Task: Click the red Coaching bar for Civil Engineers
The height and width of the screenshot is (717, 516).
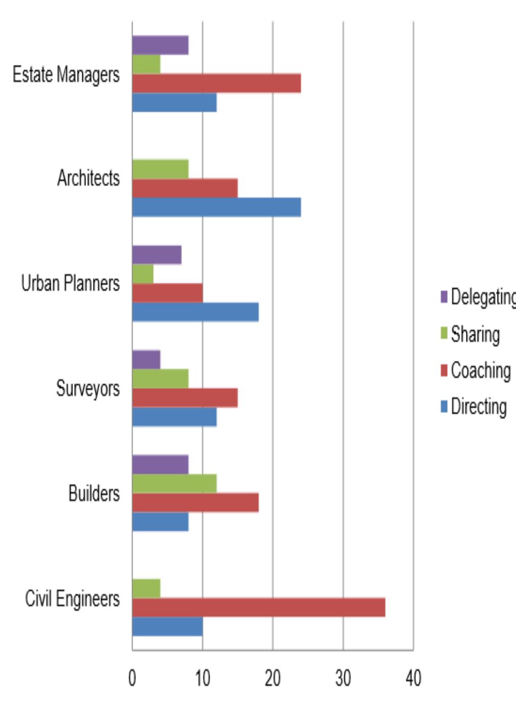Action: click(259, 607)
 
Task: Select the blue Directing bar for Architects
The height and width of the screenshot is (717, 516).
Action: click(216, 207)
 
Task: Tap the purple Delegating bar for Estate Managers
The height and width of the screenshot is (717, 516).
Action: click(160, 45)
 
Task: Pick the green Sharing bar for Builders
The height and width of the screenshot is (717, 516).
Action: click(174, 483)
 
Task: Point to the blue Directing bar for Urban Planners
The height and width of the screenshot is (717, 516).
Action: click(195, 312)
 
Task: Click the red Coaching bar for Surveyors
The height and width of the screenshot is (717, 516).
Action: click(184, 398)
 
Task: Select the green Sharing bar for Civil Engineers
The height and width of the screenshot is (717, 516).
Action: click(146, 589)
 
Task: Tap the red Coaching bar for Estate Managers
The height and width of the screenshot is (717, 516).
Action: click(216, 83)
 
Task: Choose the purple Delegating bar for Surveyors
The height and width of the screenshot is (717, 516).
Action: click(146, 360)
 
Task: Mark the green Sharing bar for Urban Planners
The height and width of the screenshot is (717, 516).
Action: click(143, 274)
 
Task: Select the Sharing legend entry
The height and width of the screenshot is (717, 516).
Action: click(470, 334)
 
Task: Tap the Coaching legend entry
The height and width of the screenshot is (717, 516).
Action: click(475, 371)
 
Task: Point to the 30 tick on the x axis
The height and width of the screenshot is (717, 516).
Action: click(343, 679)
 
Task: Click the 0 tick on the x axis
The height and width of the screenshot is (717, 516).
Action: click(132, 679)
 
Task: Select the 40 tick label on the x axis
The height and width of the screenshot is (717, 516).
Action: click(413, 679)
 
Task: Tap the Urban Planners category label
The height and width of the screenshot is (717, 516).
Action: click(71, 283)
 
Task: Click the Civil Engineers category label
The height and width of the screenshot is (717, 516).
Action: click(72, 598)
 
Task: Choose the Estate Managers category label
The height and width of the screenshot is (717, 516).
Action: click(66, 75)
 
